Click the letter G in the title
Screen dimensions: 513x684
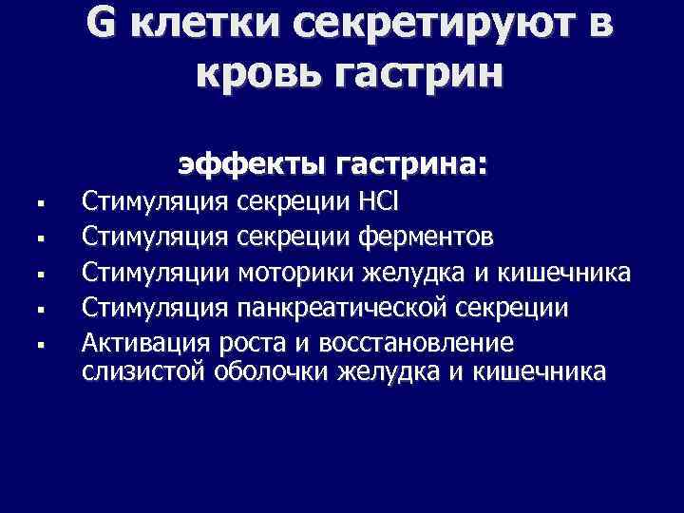105,25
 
